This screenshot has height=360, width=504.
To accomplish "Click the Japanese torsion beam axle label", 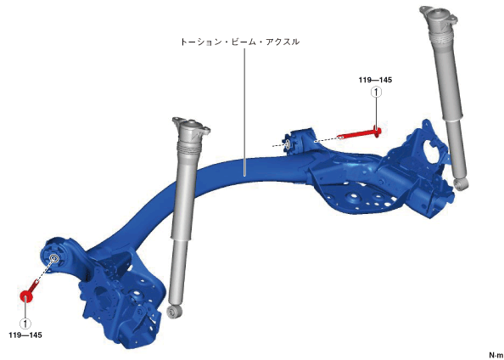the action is click(x=239, y=42).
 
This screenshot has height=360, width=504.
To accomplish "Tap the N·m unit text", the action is click(x=496, y=355).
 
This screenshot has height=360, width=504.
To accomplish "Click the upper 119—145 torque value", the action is click(x=375, y=80).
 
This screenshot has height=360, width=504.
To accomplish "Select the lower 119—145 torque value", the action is click(x=25, y=335).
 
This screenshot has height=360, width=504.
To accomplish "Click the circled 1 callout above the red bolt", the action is click(x=376, y=93).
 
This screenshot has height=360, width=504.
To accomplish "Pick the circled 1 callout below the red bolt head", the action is click(x=25, y=323).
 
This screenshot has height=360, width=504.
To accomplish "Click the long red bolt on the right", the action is click(x=360, y=133).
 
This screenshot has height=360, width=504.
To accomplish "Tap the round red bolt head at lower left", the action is click(x=25, y=296).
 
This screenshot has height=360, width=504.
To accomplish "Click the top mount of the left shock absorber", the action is click(x=191, y=127).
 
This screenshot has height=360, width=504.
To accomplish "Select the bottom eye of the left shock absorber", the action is click(x=176, y=311).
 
